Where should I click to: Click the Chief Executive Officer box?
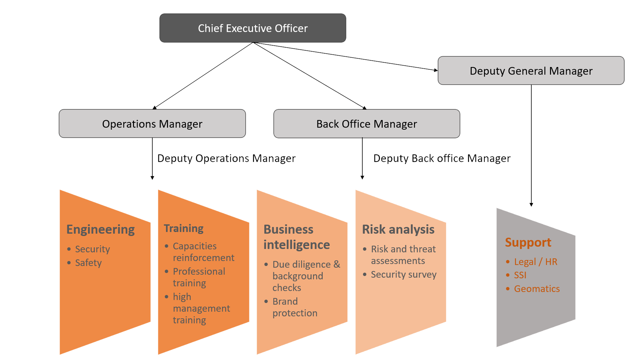point(253,28)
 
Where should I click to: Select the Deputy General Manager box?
point(531,71)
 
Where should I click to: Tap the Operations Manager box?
point(152,124)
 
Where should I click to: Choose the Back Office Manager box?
point(367,124)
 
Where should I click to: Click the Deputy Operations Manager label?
point(226,158)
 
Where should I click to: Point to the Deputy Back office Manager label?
point(442,158)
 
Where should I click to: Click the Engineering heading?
point(100,229)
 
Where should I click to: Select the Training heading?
point(184,228)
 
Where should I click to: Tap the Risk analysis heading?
point(398,229)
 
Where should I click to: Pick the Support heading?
point(528,242)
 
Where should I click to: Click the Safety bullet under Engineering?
point(88,263)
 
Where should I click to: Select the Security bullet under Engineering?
point(92,249)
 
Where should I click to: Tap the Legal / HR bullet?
point(535,262)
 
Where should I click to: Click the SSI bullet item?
point(520,275)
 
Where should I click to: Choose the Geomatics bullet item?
point(537,289)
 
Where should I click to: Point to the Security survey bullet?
point(403,274)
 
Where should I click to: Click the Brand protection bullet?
point(295,307)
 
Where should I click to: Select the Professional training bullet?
point(199,277)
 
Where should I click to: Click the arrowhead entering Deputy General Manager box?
point(436,70)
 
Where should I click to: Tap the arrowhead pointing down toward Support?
point(531,205)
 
